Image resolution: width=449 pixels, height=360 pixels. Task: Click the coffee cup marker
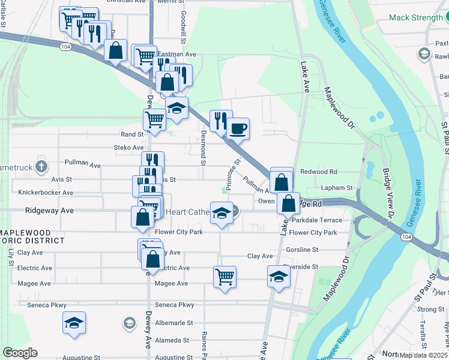pos(238,128)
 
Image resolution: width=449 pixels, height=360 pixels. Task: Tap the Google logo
pos(20,353)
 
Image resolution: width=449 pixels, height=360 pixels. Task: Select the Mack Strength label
pos(415,17)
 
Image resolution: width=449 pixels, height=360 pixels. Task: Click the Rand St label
pos(132,134)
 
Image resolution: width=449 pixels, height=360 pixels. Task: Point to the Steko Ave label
pos(128,148)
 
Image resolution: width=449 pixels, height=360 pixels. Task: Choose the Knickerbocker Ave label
pos(46,193)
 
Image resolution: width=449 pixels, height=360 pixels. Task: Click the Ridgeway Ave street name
pos(49,211)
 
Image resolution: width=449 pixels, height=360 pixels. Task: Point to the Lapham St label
pos(337,188)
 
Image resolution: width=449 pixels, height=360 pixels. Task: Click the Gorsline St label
pos(319,249)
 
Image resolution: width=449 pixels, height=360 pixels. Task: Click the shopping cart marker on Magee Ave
pos(224,277)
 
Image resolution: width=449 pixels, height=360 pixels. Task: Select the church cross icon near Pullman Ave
pos(41,166)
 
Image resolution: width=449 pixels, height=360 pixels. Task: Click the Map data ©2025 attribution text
pos(423,355)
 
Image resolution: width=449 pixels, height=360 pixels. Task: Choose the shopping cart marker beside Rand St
pos(155,119)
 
